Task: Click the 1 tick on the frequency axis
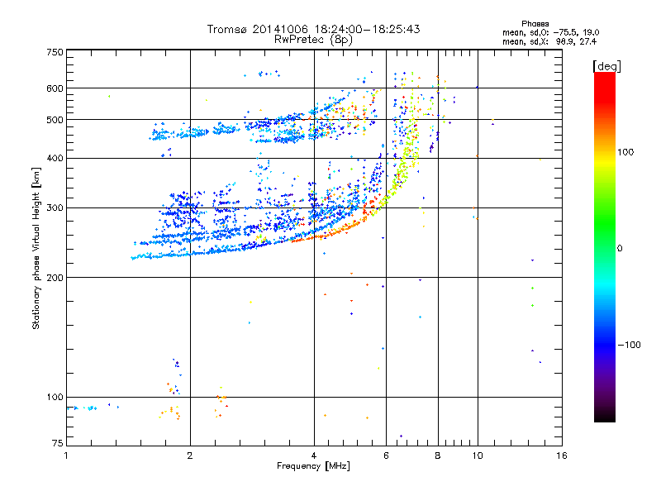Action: click(66, 455)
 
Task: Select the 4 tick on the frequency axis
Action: click(314, 455)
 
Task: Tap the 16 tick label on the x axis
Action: click(561, 455)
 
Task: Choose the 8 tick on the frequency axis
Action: click(438, 455)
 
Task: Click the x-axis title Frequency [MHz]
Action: click(312, 466)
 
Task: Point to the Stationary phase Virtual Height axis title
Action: click(36, 248)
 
